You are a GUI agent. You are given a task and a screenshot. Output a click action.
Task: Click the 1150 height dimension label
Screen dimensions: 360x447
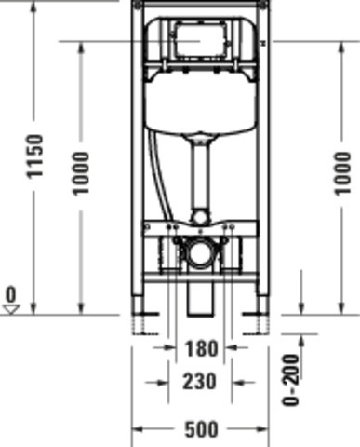click(x=34, y=156)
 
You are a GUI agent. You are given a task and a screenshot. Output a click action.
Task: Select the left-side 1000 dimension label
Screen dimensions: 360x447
click(x=81, y=173)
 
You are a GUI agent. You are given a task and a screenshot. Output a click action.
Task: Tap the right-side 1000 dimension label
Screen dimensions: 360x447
click(x=342, y=173)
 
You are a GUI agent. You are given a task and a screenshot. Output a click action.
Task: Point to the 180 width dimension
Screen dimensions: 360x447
click(x=201, y=348)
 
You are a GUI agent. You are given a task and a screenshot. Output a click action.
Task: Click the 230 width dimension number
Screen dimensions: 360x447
click(x=200, y=382)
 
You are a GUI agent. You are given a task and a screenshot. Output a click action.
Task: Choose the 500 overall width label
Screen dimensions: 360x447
click(x=201, y=430)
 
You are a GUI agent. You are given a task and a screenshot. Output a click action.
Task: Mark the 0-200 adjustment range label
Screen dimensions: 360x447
click(x=291, y=380)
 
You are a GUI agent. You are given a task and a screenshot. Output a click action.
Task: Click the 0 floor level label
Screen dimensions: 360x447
click(x=11, y=294)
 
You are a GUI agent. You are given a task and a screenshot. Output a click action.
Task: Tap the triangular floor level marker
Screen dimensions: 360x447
click(x=11, y=310)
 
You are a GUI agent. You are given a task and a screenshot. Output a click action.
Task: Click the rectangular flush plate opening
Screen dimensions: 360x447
click(x=199, y=40)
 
